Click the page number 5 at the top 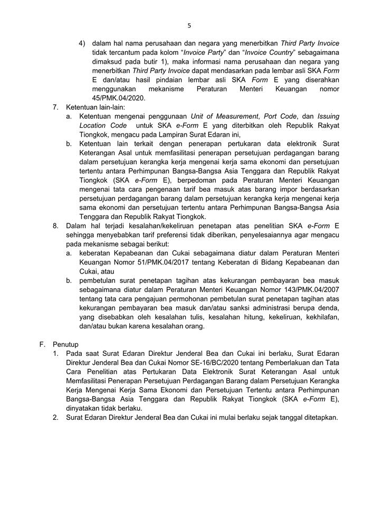point(189,25)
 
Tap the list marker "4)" point(82,43)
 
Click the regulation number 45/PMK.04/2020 point(117,98)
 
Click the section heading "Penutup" point(66,344)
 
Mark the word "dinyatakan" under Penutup point(84,408)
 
